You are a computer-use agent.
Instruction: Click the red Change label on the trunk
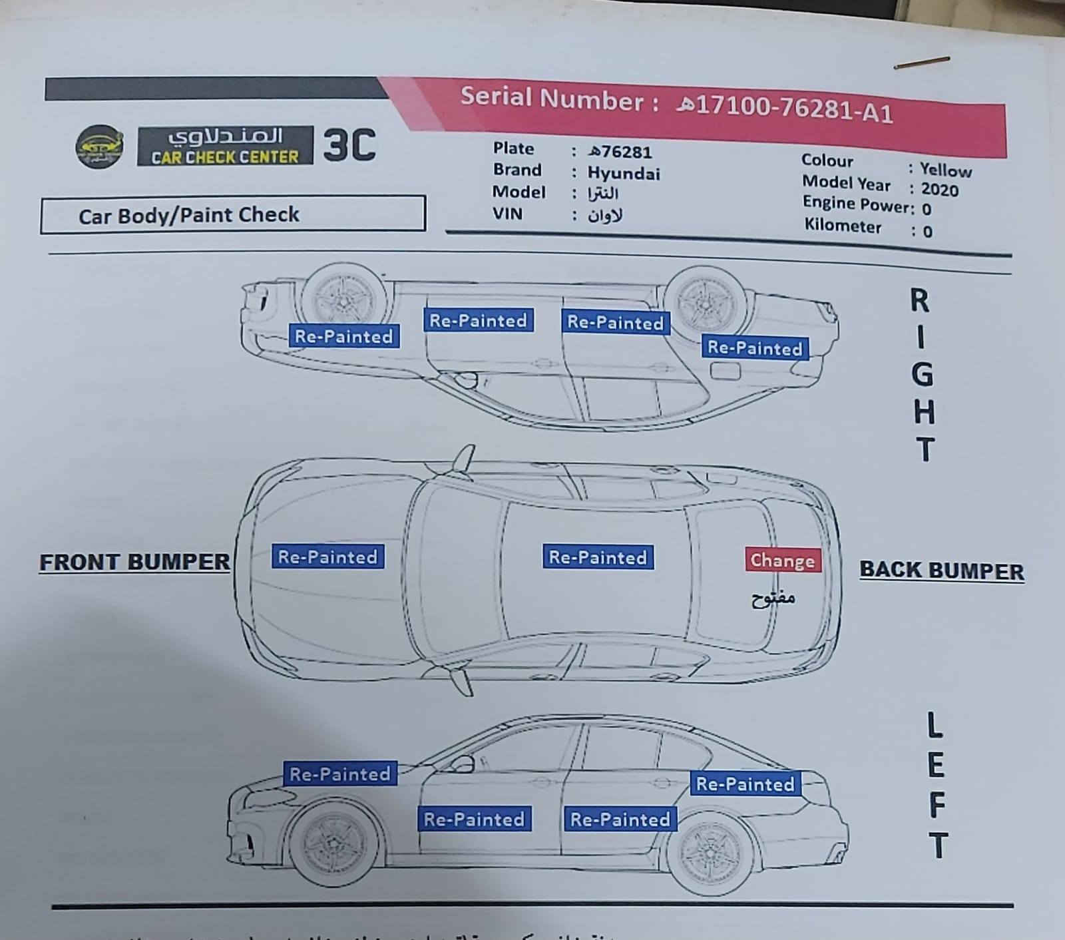pos(783,561)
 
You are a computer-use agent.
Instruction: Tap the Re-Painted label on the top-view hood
pos(327,557)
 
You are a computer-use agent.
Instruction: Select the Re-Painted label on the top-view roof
pos(597,557)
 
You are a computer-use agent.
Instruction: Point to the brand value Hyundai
pos(623,174)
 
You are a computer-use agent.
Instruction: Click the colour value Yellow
pos(945,170)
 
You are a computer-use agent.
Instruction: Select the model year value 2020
pos(939,190)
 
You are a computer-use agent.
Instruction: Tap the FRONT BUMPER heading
pos(134,563)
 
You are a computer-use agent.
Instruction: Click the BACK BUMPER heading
pos(941,571)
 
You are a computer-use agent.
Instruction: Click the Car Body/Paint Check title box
pos(232,214)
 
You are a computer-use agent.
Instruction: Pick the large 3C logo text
pos(349,145)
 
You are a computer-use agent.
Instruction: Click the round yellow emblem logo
pos(99,146)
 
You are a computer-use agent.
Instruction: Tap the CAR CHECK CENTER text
pos(225,157)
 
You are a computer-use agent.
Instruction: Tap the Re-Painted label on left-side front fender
pos(339,774)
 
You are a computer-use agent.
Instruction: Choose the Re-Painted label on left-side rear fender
pos(745,784)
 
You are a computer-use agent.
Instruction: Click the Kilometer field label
pos(842,226)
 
